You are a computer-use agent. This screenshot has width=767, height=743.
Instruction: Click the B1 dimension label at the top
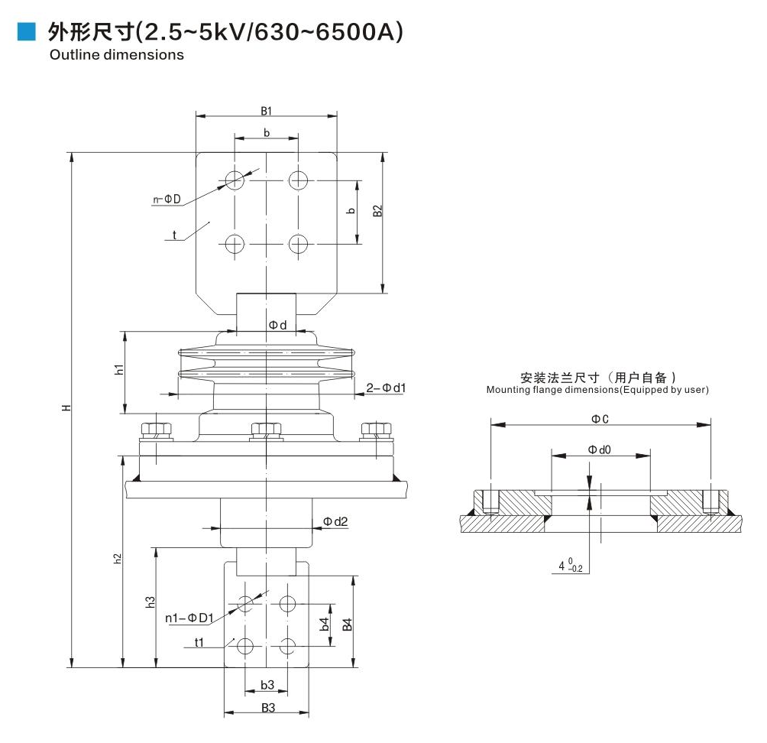pyautogui.click(x=266, y=110)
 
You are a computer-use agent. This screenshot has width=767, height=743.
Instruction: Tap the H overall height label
pyautogui.click(x=67, y=407)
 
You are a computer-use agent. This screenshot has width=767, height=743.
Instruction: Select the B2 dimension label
pyautogui.click(x=377, y=211)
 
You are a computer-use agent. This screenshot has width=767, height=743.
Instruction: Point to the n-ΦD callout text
pyautogui.click(x=167, y=200)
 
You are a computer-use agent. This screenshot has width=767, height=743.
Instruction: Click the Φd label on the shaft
pyautogui.click(x=277, y=325)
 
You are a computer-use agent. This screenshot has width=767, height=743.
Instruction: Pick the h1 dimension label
pyautogui.click(x=119, y=370)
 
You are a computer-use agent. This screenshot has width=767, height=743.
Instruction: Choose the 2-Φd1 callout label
pyautogui.click(x=386, y=388)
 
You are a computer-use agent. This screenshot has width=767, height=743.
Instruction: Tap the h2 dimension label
pyautogui.click(x=117, y=559)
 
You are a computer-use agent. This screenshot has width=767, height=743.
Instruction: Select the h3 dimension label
pyautogui.click(x=150, y=602)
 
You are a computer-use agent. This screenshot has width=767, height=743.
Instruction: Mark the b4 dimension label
pyautogui.click(x=324, y=624)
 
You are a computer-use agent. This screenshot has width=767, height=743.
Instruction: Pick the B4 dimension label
pyautogui.click(x=347, y=624)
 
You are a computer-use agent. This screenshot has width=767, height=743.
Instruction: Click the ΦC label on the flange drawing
pyautogui.click(x=600, y=417)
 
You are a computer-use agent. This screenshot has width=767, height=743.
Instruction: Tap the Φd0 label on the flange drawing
pyautogui.click(x=599, y=449)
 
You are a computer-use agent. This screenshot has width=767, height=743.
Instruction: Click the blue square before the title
pyautogui.click(x=27, y=31)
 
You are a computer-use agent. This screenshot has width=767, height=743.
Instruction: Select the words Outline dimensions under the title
pyautogui.click(x=116, y=55)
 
